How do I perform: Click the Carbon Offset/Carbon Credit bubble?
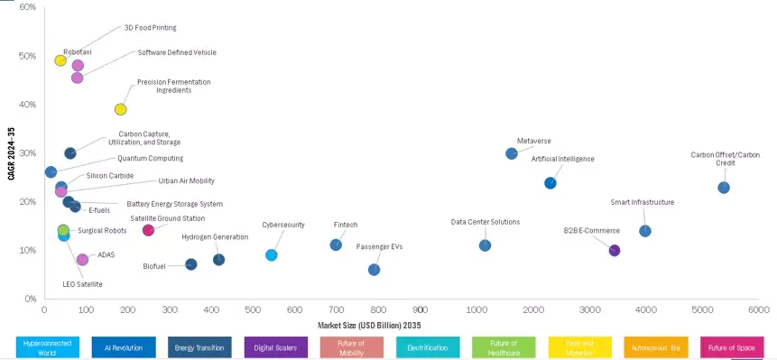(723, 188)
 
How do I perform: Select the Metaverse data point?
(512, 153)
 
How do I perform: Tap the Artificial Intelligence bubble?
(550, 183)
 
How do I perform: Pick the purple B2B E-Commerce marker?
(615, 251)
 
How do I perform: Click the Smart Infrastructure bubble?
(645, 231)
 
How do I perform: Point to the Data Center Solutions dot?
(485, 245)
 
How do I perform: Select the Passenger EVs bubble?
(375, 270)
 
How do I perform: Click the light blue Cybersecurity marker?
(272, 255)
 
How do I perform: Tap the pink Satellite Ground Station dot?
(148, 230)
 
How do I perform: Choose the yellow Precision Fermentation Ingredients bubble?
(120, 110)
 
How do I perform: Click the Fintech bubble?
(336, 245)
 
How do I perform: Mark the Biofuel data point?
(191, 264)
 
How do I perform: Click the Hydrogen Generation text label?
(215, 237)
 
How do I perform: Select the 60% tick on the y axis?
(27, 7)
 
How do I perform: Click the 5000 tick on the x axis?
(701, 309)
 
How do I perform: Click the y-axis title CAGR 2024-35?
(10, 152)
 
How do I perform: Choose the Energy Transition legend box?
(199, 347)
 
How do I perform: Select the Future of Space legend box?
(732, 347)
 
